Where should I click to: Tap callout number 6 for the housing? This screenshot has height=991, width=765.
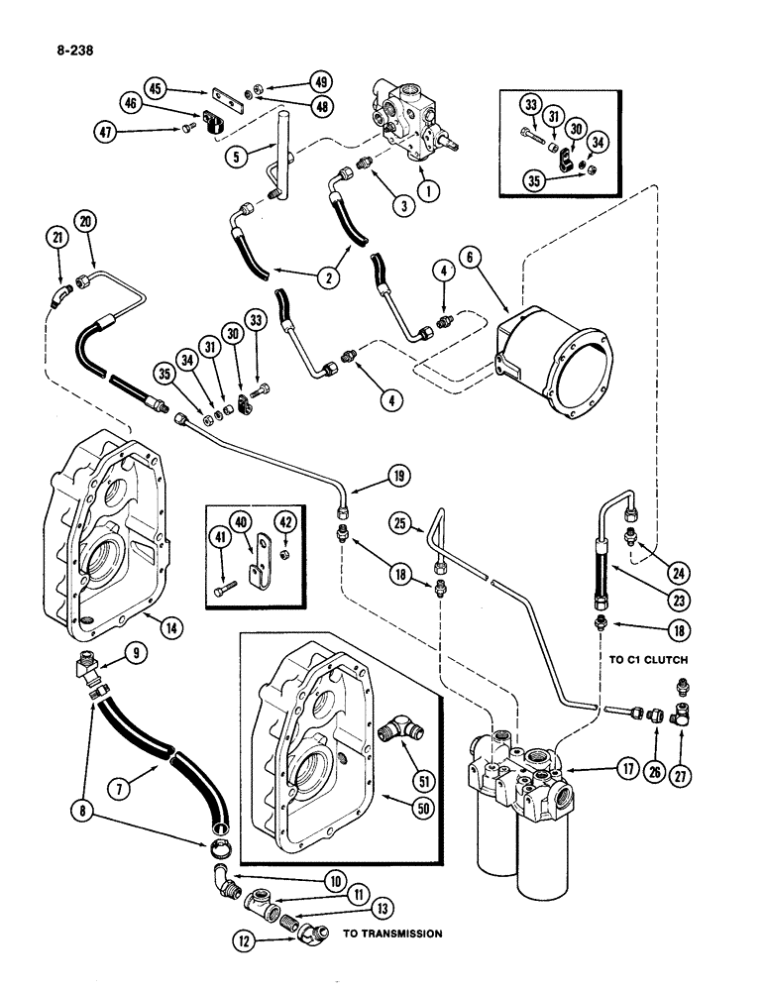coord(469,255)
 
